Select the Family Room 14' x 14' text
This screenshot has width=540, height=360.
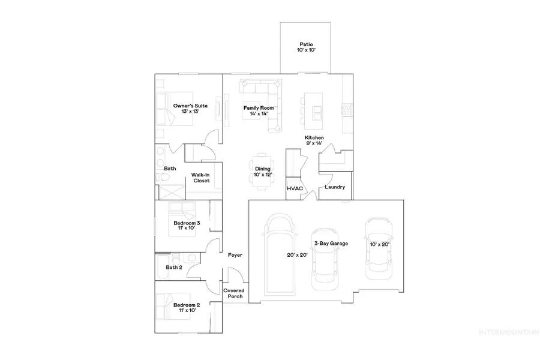[258, 111]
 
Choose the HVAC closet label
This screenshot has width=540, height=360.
[295, 188]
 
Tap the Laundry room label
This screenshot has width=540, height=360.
[334, 187]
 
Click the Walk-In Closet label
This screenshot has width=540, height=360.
[200, 178]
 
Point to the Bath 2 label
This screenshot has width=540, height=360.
[174, 267]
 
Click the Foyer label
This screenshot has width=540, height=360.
[235, 255]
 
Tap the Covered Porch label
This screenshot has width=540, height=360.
[234, 293]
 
